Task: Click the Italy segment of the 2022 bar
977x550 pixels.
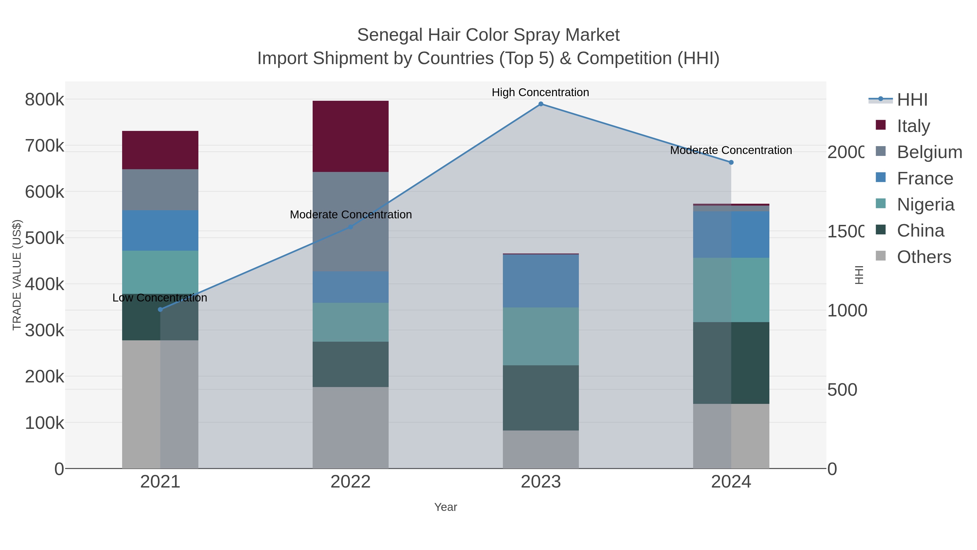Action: click(350, 136)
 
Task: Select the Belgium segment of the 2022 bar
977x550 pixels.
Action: click(350, 221)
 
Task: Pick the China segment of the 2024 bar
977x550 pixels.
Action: click(731, 363)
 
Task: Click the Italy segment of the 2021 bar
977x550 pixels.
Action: click(160, 150)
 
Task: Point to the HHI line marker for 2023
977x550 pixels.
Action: click(541, 104)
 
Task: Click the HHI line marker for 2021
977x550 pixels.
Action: click(160, 309)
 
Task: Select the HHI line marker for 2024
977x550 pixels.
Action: click(731, 162)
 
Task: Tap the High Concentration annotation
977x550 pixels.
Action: click(540, 92)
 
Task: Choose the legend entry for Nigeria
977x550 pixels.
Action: click(925, 205)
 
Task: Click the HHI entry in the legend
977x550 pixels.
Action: click(912, 99)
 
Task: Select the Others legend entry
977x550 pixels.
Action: click(924, 257)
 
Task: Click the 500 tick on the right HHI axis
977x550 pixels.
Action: click(842, 389)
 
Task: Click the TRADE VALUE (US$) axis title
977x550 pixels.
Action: click(17, 275)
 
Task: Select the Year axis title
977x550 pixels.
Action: click(445, 507)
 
